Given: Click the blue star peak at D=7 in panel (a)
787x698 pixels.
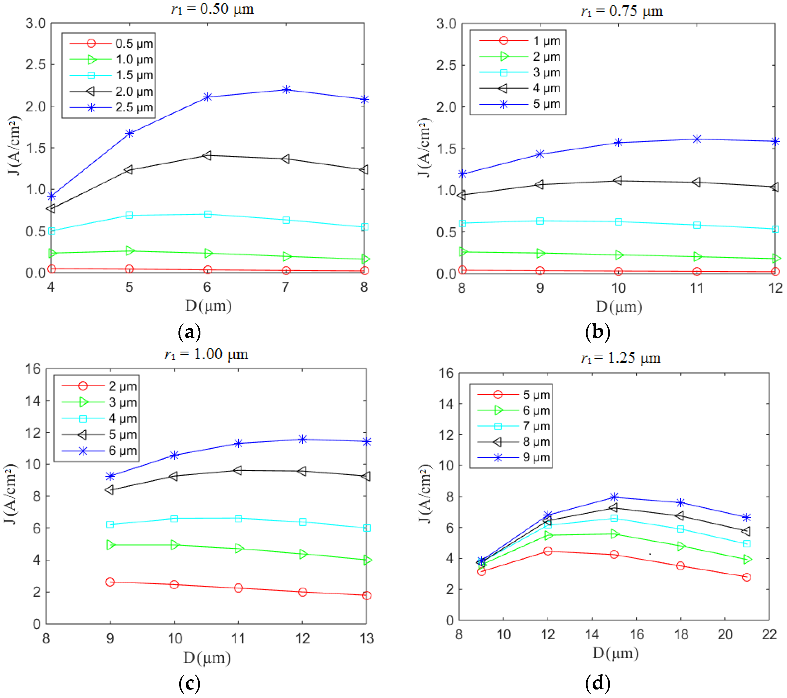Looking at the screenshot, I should click(286, 90).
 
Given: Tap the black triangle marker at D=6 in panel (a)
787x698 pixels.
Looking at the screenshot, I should click(207, 156).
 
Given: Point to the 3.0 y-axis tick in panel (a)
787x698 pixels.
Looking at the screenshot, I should click(35, 23).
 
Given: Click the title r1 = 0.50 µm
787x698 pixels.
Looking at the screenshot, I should click(212, 8).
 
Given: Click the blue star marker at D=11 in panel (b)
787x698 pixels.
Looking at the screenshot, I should click(696, 139).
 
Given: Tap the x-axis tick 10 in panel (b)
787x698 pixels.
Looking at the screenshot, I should click(618, 288).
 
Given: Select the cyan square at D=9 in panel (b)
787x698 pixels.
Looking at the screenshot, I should click(540, 221).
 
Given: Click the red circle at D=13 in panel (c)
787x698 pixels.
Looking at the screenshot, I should click(367, 596).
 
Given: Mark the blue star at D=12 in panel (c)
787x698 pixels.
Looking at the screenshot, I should click(302, 439).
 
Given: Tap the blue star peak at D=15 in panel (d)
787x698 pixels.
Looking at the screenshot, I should click(614, 497).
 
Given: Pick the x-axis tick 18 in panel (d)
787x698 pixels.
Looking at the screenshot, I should click(681, 634).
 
